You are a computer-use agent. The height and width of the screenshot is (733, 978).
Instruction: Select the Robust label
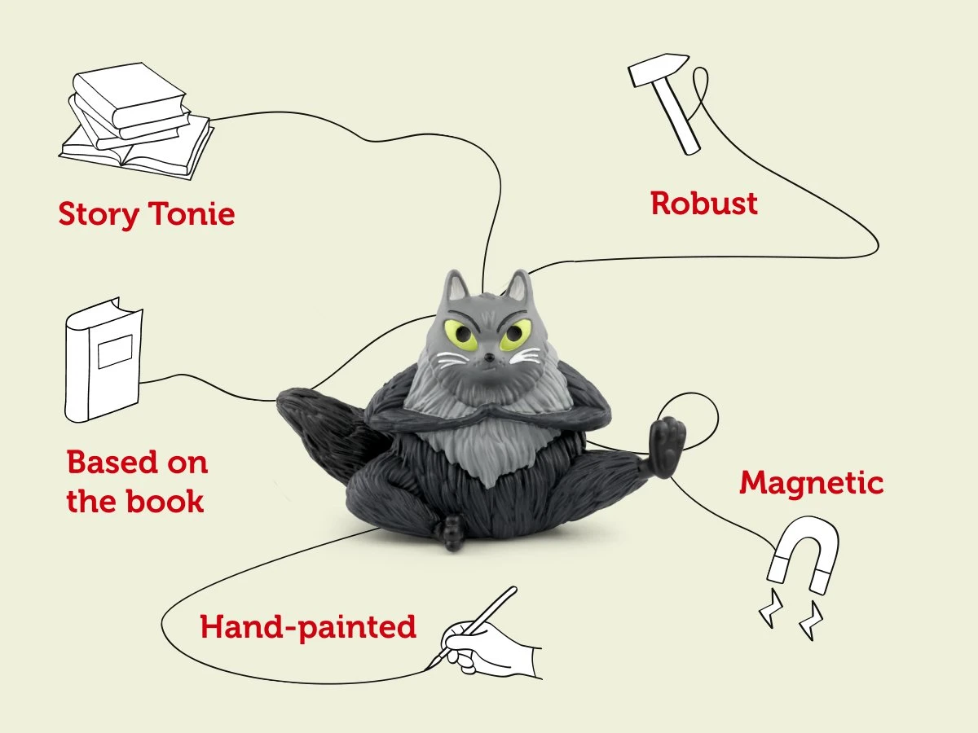pyautogui.click(x=704, y=204)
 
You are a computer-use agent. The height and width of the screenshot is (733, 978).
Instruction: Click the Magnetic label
pyautogui.click(x=811, y=483)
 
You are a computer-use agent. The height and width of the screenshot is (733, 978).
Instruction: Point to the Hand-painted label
pyautogui.click(x=308, y=627)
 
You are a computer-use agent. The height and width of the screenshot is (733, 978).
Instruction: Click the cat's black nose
pyautogui.click(x=487, y=357)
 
